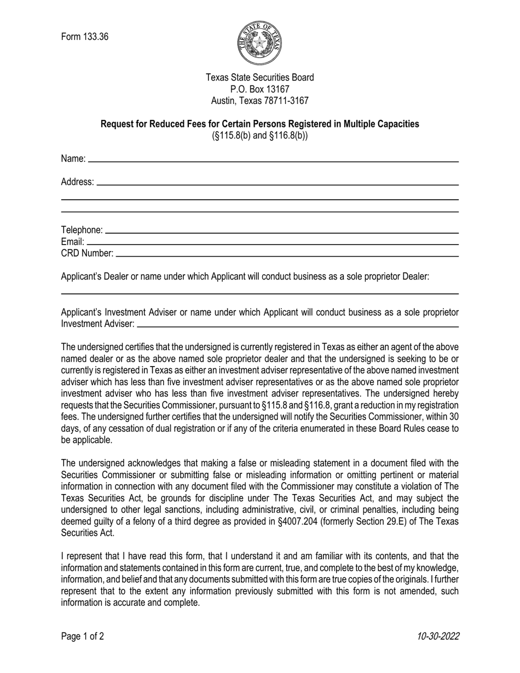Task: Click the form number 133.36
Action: pyautogui.click(x=85, y=37)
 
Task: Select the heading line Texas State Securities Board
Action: pyautogui.click(x=259, y=78)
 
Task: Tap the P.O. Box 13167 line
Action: pyautogui.click(x=259, y=89)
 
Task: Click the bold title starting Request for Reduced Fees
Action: pyautogui.click(x=259, y=124)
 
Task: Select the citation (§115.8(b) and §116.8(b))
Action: pyautogui.click(x=259, y=136)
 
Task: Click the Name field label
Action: pyautogui.click(x=73, y=159)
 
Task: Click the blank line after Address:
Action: pyautogui.click(x=276, y=184)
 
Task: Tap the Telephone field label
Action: pyautogui.click(x=82, y=230)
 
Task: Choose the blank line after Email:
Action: pyautogui.click(x=272, y=243)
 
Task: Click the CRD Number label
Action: pyautogui.click(x=87, y=253)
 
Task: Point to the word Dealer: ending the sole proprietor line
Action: pyautogui.click(x=416, y=276)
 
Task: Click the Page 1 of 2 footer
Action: pyautogui.click(x=83, y=636)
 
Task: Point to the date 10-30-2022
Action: pyautogui.click(x=438, y=636)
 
